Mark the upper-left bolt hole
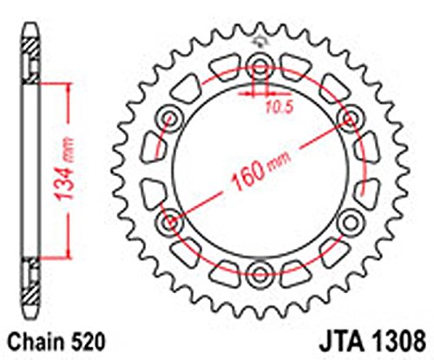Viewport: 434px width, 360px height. point(166,116)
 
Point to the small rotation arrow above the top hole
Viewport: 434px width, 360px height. point(259,43)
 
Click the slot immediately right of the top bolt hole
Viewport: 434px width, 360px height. point(296,69)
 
